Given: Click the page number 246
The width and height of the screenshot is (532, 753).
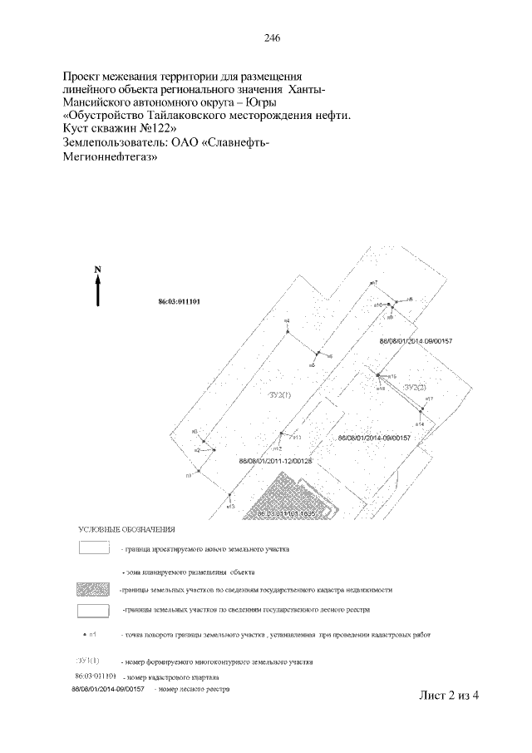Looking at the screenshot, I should click(x=271, y=38).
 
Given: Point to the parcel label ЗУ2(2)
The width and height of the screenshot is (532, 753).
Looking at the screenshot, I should click(x=413, y=388).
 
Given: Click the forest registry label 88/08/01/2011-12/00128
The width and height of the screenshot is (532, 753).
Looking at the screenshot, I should click(x=274, y=460).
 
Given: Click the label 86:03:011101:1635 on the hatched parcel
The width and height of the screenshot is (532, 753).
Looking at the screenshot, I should click(x=288, y=514).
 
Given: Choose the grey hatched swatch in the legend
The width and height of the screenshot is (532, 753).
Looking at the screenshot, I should click(x=93, y=589).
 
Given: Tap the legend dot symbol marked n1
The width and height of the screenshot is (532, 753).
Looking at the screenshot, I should click(x=86, y=634).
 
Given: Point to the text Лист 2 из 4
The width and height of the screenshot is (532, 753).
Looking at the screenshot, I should click(x=451, y=696).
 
